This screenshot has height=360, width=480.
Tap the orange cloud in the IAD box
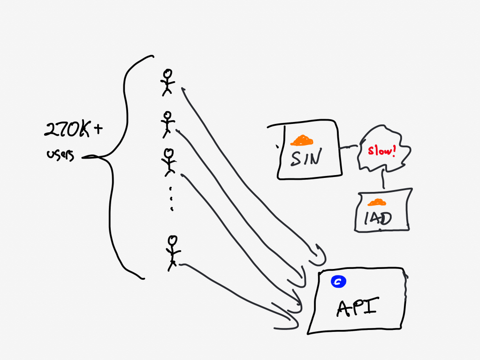[377, 202]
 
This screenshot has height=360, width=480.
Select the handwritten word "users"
[61, 155]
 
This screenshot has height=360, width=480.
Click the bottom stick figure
[173, 252]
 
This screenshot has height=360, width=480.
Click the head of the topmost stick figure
[168, 74]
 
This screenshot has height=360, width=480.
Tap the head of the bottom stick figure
[173, 240]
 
